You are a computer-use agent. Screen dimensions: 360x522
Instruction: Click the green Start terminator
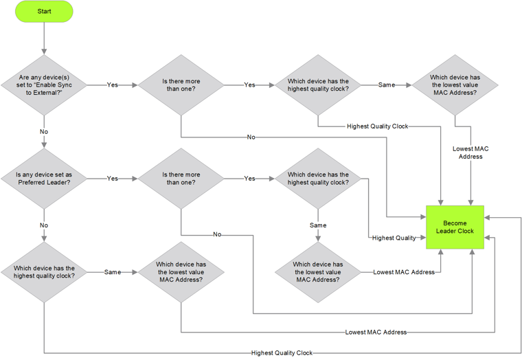point(44,12)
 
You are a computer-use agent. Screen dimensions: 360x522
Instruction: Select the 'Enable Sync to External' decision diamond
point(44,85)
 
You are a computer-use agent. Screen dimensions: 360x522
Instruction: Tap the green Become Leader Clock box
point(455,227)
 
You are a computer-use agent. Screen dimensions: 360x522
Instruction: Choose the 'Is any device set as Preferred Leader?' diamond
point(44,179)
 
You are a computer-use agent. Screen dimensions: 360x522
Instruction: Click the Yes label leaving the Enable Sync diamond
point(112,85)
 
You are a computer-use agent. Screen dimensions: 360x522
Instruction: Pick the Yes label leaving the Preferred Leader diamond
point(112,179)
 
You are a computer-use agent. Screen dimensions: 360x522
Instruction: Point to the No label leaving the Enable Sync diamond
point(44,131)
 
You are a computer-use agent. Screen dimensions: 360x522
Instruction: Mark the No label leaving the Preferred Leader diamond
point(44,225)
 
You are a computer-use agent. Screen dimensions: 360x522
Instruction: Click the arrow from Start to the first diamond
point(44,38)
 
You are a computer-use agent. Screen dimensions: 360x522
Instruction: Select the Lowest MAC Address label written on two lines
point(470,153)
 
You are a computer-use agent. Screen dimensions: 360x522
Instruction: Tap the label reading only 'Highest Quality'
point(394,238)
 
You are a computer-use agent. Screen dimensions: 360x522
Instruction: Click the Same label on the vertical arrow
point(318,225)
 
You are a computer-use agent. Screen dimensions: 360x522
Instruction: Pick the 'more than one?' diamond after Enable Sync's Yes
point(181,85)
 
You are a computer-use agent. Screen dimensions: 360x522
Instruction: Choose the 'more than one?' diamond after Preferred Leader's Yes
point(181,179)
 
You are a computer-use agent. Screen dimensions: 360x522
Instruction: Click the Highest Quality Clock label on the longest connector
point(282,353)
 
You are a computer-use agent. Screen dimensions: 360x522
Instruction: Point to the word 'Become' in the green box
point(455,223)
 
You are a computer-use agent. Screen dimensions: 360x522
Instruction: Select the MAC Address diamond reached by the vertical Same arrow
point(318,272)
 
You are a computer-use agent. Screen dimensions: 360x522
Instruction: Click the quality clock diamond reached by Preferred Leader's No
point(44,272)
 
